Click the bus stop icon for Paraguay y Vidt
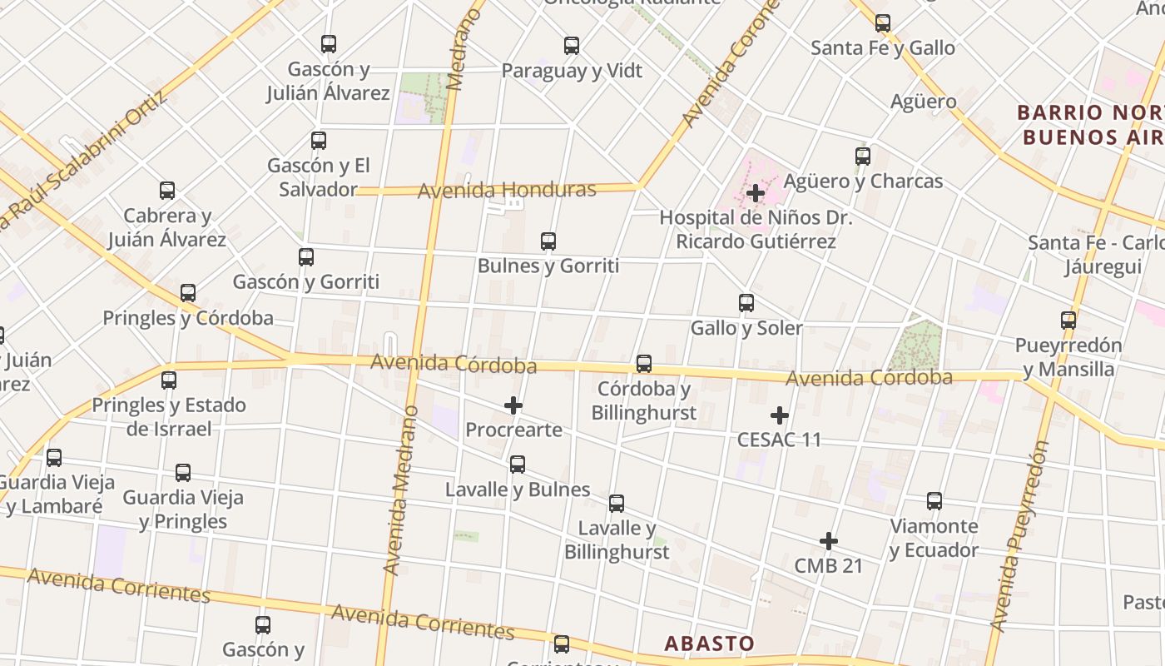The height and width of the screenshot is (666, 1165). [572, 46]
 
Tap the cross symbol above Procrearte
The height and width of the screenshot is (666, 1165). [513, 405]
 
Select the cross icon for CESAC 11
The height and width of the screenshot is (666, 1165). [780, 415]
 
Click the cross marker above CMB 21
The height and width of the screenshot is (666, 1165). [828, 541]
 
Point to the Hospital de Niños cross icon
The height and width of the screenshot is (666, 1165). [756, 193]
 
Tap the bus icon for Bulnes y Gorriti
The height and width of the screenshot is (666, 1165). [548, 241]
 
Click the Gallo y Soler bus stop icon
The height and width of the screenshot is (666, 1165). [746, 303]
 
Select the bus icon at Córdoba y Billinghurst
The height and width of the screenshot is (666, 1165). [644, 364]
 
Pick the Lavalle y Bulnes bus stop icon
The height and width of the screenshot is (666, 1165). [518, 465]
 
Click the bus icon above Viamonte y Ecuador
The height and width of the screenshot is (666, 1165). [934, 501]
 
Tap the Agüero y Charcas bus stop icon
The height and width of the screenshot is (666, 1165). [863, 156]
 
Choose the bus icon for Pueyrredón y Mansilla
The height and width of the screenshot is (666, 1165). [1068, 320]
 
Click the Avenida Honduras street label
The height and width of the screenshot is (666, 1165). [507, 191]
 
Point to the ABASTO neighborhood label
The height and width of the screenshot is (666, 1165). [709, 643]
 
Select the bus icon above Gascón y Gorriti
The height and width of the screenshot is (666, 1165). [306, 257]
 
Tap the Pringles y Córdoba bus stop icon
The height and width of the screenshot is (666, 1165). [188, 293]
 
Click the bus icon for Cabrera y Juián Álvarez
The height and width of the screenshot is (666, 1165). [167, 191]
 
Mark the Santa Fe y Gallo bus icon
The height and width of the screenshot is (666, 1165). [883, 23]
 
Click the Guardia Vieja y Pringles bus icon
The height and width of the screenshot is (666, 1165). [183, 473]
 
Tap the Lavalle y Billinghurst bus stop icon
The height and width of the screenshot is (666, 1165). [617, 504]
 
